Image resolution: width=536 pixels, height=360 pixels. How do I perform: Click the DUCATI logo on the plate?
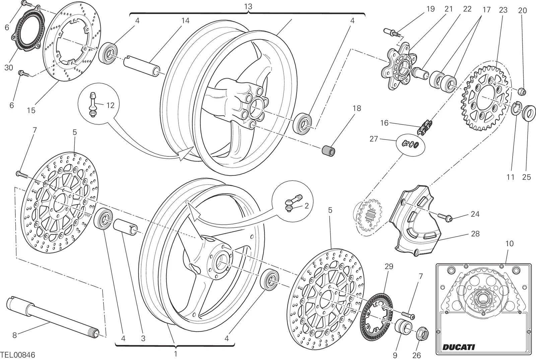(x=459, y=347)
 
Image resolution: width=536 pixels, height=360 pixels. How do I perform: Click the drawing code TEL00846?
(x=18, y=355)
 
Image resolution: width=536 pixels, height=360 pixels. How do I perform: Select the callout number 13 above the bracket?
(x=248, y=6)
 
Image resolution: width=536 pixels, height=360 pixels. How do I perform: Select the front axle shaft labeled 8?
(x=53, y=317)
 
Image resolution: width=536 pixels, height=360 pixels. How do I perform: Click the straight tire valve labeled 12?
(x=92, y=104)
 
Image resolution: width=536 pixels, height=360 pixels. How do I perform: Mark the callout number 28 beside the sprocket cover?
(x=475, y=234)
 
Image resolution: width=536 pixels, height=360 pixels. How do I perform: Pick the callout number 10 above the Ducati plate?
(x=509, y=243)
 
